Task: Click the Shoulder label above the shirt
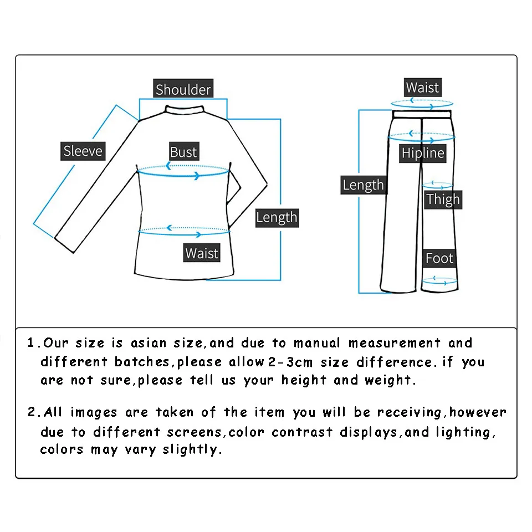coord(183,90)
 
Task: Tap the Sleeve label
coord(83,151)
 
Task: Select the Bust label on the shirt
coord(183,152)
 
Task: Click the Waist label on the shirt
coord(202,253)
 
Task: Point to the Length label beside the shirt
coord(277,218)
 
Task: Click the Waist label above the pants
coord(422,88)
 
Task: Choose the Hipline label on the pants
coord(423,154)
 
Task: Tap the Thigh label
coord(443,199)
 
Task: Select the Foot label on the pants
coord(439,258)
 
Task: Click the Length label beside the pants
coord(363,185)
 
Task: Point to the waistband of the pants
coord(422,113)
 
